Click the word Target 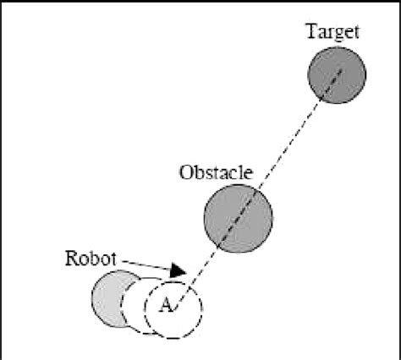click(x=335, y=33)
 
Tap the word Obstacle click(x=216, y=172)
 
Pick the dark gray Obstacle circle click(x=237, y=215)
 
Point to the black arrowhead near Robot click(x=177, y=270)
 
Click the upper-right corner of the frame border click(x=398, y=3)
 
